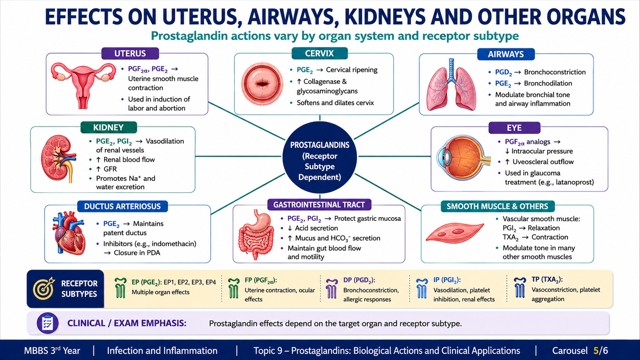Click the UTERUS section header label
click(x=130, y=54)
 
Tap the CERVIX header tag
click(x=320, y=53)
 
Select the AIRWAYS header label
click(x=506, y=54)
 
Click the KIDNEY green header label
click(x=108, y=128)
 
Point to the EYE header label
click(x=514, y=128)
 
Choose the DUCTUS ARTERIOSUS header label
click(x=122, y=206)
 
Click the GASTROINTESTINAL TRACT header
click(x=319, y=204)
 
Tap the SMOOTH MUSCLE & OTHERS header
click(x=498, y=206)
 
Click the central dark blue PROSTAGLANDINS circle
click(x=320, y=158)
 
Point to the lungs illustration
click(x=451, y=85)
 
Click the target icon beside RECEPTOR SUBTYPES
click(x=44, y=288)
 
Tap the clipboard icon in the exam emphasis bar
click(x=48, y=323)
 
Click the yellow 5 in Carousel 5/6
click(x=596, y=350)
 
